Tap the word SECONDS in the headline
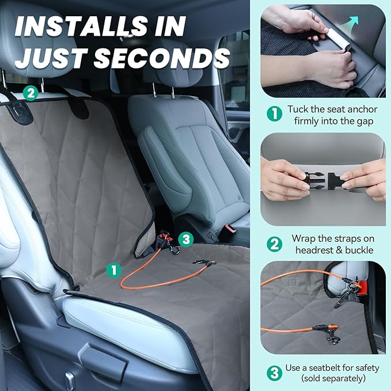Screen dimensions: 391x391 click(162, 58)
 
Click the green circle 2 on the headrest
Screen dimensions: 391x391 click(31, 93)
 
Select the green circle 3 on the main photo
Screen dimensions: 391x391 click(186, 240)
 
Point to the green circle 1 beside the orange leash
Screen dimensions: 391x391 click(113, 270)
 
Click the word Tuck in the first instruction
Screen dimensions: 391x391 click(297, 109)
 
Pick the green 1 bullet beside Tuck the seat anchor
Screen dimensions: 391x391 click(274, 114)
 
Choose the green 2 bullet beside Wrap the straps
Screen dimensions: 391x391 click(274, 244)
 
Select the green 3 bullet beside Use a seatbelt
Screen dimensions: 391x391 click(274, 373)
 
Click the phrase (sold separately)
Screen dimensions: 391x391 click(333, 378)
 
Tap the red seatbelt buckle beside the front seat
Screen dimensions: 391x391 click(231, 228)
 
